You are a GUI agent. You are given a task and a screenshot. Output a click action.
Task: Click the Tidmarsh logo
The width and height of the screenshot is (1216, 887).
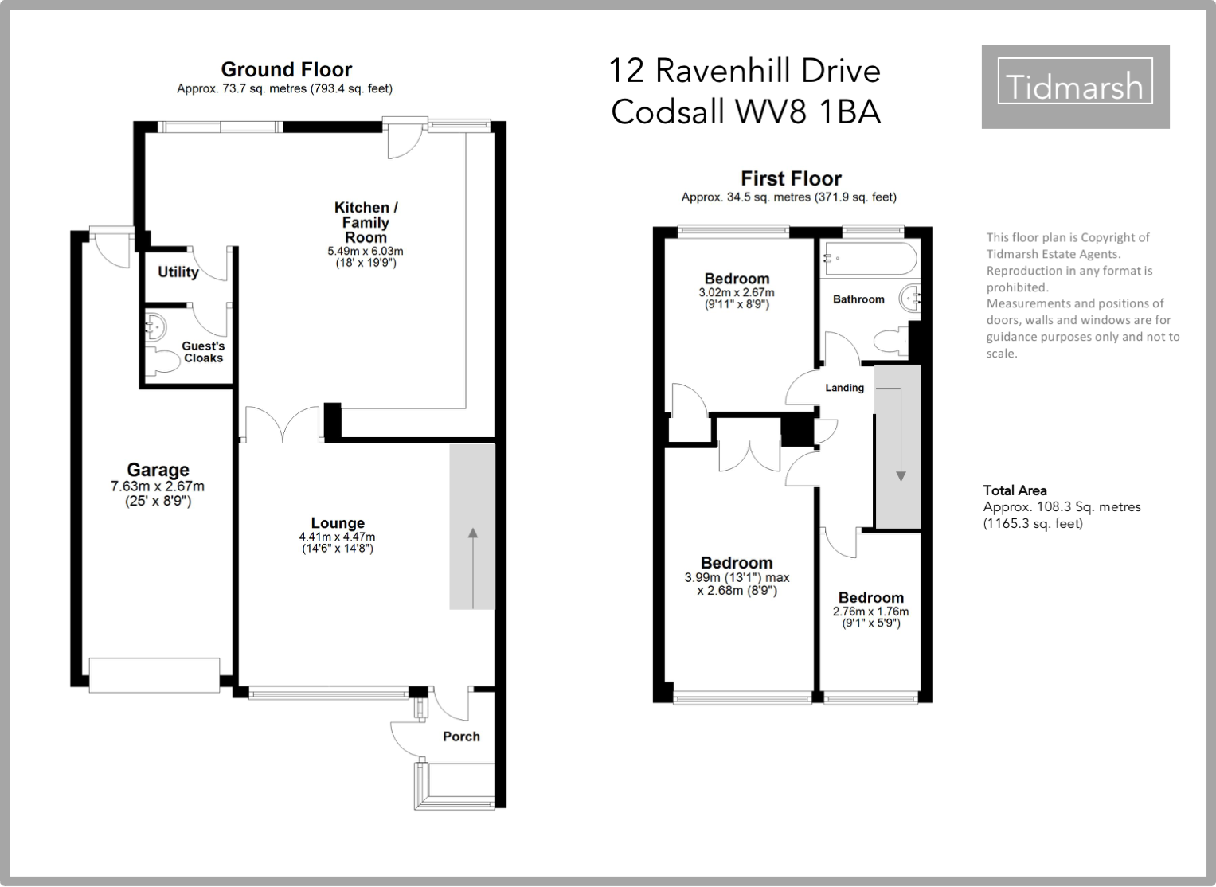1075,87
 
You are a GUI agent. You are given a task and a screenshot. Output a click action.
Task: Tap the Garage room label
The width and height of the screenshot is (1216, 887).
158,470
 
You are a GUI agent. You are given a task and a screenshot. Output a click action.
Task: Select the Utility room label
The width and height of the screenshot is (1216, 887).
178,272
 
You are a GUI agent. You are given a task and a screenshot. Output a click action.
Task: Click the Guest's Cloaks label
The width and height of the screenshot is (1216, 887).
203,352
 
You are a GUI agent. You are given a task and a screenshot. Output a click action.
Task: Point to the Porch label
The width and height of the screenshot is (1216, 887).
461,737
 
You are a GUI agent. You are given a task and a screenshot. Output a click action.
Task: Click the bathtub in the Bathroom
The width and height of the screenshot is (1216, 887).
870,259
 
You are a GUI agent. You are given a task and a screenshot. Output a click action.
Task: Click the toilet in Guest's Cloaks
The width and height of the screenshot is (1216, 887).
162,361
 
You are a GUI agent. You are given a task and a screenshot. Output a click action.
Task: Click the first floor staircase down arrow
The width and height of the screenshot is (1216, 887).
901,435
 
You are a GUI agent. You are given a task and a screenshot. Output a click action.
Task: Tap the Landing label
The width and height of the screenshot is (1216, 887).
845,388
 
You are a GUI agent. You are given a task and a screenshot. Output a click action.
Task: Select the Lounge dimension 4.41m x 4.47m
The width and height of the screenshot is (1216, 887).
337,537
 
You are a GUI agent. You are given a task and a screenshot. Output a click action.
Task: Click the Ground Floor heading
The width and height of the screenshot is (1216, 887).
287,69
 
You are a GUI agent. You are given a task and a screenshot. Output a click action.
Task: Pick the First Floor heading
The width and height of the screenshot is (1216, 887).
791,178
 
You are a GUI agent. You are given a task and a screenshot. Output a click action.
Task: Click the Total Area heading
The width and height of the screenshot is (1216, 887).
1015,490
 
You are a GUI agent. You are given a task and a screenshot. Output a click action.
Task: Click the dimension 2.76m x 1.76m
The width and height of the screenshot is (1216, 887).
870,612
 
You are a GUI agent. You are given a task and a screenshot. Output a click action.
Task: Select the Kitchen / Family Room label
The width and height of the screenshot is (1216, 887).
366,223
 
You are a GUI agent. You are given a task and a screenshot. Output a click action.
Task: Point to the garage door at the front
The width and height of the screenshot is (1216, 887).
154,675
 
